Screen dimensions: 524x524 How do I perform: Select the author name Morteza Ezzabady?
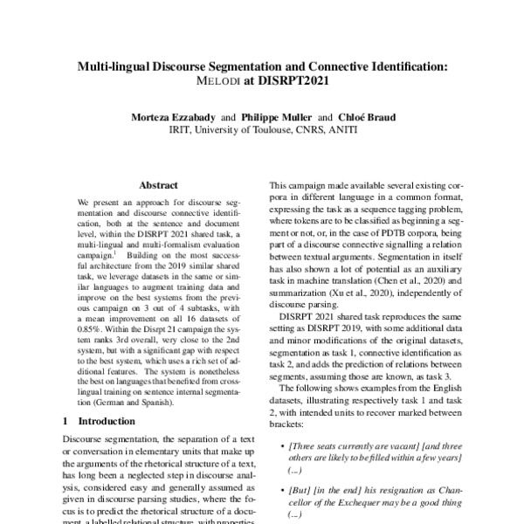tap(160, 116)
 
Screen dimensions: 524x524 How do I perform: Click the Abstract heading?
tap(158, 185)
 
